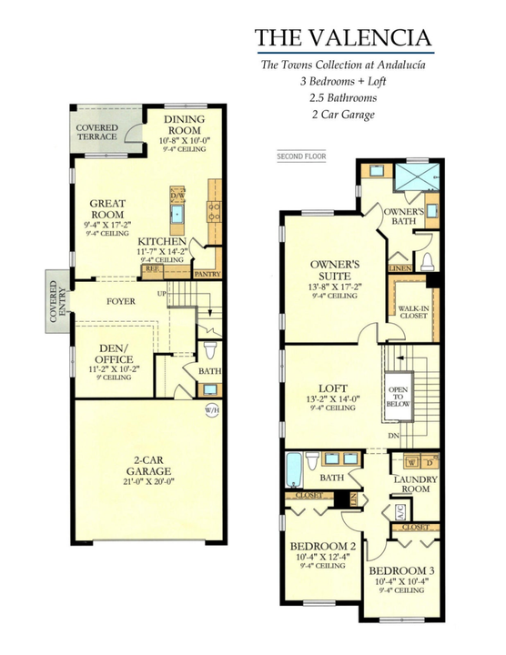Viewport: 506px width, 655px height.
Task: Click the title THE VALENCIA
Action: coord(343,37)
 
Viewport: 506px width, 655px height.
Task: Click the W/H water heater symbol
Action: coord(211,409)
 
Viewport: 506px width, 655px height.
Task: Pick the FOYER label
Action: coord(120,299)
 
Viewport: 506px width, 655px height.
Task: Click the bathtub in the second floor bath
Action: coord(296,470)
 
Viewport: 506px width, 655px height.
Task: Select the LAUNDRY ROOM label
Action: coord(414,485)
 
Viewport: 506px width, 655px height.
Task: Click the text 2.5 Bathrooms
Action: coord(343,97)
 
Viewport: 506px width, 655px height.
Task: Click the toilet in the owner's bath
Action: coord(428,262)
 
